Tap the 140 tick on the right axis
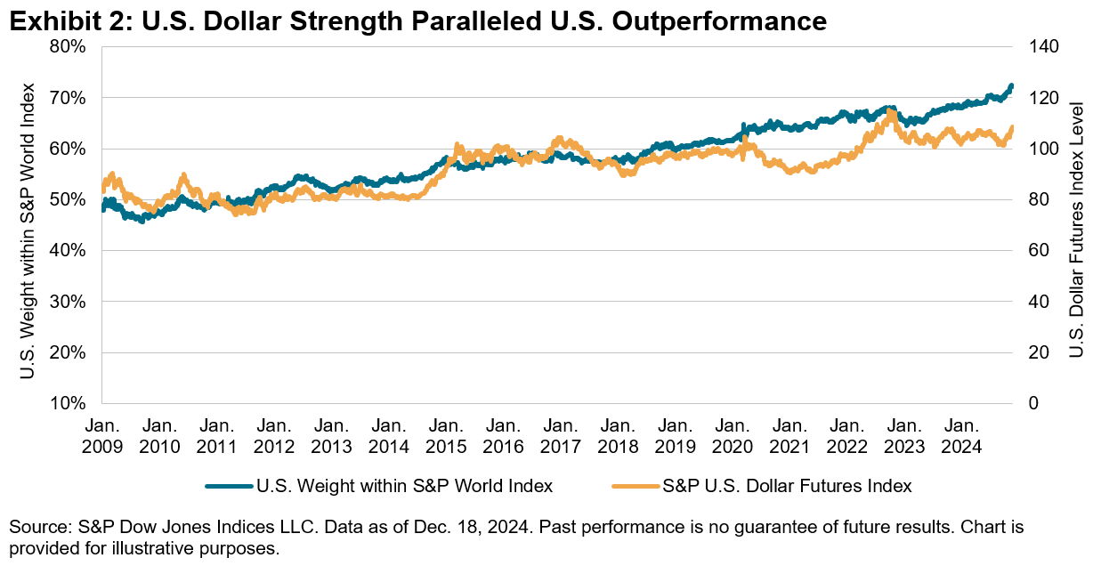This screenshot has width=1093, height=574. [x=1045, y=46]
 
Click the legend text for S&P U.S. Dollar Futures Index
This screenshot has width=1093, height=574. [x=787, y=486]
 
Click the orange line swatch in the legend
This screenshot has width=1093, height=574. [x=636, y=486]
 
